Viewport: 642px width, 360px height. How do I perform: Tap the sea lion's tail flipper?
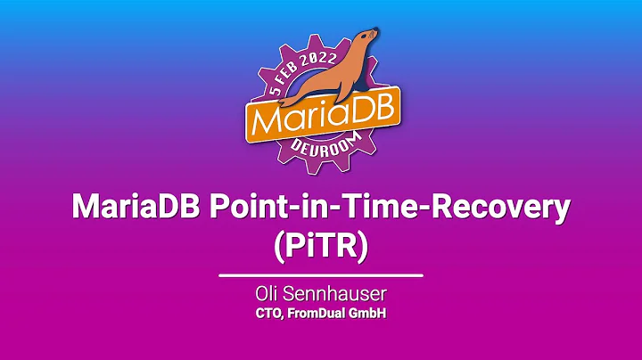click(x=284, y=93)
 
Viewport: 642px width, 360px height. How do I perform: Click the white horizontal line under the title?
click(x=321, y=275)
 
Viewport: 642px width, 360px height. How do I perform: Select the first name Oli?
click(x=268, y=293)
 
